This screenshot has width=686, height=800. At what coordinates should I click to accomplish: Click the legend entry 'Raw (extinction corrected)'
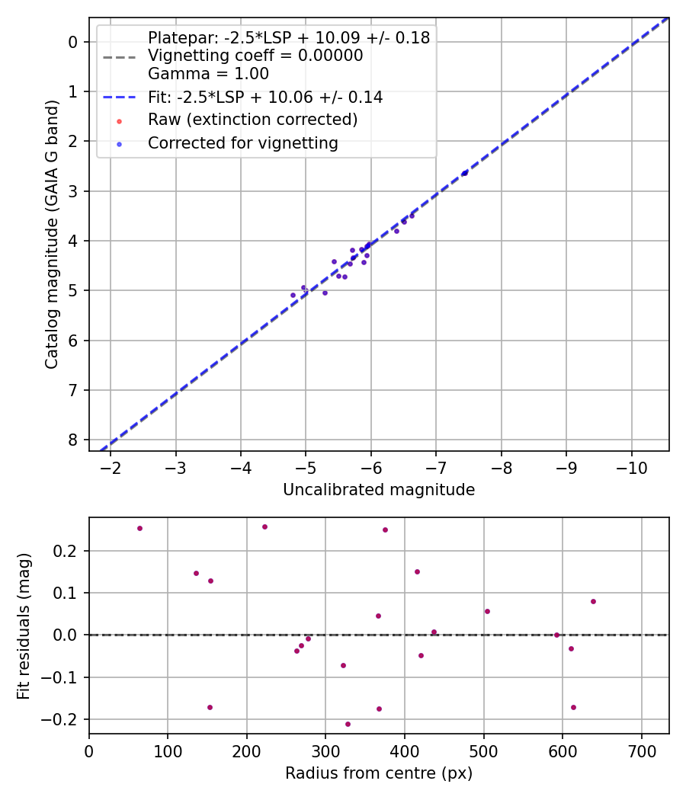[x=252, y=120]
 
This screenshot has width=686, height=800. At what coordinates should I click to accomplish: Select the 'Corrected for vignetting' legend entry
[x=243, y=142]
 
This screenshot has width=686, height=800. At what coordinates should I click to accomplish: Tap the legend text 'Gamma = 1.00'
[x=208, y=74]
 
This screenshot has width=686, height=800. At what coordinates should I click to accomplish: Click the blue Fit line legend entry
[x=264, y=98]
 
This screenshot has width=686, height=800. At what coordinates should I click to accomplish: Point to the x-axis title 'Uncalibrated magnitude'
[x=379, y=490]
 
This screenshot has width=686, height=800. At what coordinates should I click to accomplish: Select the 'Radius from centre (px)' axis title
[x=379, y=773]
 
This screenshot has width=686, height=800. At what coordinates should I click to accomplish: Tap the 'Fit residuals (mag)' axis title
[x=24, y=626]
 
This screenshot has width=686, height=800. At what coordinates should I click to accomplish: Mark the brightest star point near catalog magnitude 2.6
[x=465, y=173]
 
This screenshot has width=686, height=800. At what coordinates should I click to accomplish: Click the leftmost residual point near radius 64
[x=139, y=528]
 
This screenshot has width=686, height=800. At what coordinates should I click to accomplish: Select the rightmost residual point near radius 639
[x=593, y=601]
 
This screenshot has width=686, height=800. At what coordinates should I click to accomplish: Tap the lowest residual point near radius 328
[x=348, y=724]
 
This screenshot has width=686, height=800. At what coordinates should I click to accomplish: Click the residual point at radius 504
[x=487, y=611]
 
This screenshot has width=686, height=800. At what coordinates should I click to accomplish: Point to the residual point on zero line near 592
[x=556, y=635]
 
